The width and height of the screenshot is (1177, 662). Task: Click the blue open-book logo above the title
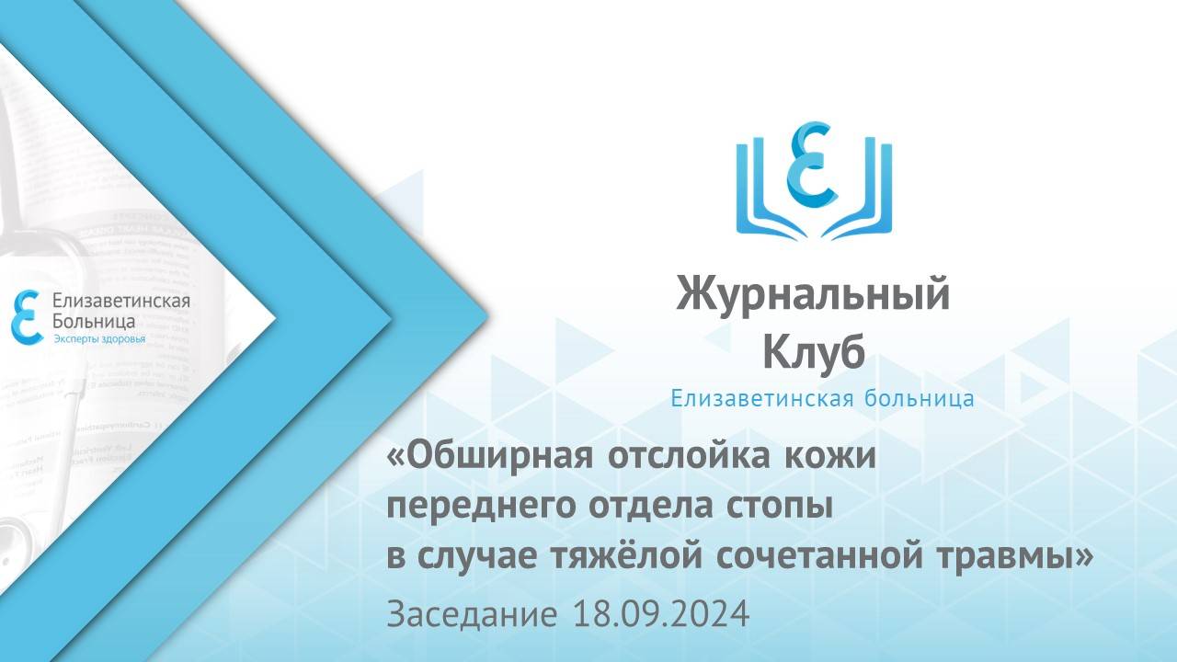click(x=815, y=178)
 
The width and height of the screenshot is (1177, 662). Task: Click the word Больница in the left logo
click(x=96, y=322)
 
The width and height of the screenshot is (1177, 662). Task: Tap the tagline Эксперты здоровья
click(x=100, y=339)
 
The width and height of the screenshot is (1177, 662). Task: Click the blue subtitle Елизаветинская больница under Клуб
click(x=822, y=399)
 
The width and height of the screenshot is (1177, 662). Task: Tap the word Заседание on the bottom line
click(x=471, y=613)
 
